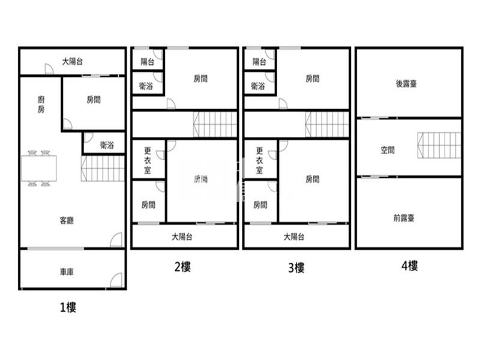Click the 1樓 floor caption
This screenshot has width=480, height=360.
[68, 307]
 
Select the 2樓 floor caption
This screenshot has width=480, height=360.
[182, 267]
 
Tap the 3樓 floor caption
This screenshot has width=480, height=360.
[296, 268]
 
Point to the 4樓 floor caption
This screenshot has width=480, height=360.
[410, 266]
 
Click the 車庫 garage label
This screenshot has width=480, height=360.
[67, 272]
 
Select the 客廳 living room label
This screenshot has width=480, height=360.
[67, 220]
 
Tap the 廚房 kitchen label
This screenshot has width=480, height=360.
[41, 104]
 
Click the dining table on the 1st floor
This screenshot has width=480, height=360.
[39, 169]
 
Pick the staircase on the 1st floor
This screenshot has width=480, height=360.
[103, 169]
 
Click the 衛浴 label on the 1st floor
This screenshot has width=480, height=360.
[107, 145]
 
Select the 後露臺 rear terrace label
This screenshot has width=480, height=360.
[406, 83]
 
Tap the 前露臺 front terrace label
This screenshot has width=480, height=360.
[404, 218]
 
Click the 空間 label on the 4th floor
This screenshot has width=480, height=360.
[388, 150]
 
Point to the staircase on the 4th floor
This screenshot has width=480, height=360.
[439, 145]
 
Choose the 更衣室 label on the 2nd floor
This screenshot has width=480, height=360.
[148, 160]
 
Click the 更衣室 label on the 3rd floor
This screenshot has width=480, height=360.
[260, 160]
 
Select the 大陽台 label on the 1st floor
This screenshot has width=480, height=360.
[73, 62]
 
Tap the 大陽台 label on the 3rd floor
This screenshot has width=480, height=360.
[294, 236]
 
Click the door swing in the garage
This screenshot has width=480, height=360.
[116, 280]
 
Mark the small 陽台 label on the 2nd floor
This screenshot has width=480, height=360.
[147, 62]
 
